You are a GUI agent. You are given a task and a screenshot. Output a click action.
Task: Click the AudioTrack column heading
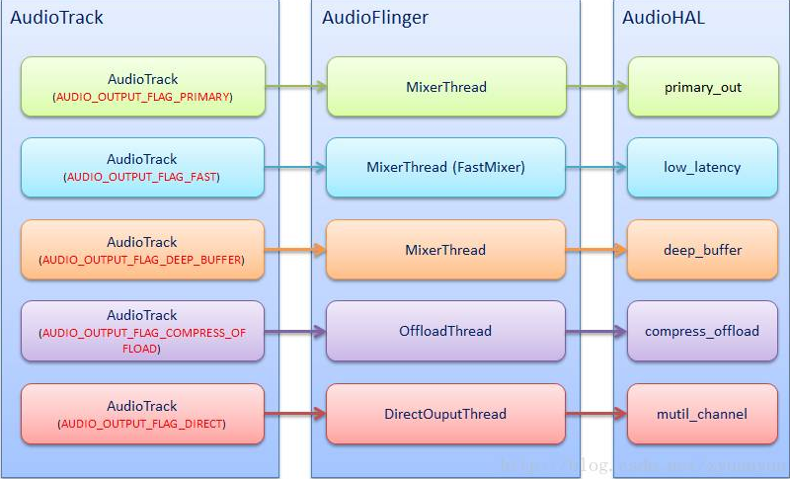(x=56, y=18)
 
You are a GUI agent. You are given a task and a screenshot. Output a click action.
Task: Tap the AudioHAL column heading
(x=664, y=18)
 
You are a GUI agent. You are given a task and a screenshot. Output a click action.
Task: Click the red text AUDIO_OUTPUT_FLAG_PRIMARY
(x=142, y=97)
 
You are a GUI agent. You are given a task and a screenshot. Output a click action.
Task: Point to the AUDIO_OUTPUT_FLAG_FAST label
(x=142, y=177)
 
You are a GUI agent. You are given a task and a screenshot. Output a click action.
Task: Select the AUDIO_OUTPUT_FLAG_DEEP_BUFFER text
(x=142, y=260)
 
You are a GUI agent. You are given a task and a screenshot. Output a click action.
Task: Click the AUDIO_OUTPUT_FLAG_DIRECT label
(x=142, y=424)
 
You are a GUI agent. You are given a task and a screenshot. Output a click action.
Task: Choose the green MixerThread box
(x=446, y=87)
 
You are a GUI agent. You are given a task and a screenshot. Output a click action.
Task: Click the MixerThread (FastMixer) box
(x=446, y=167)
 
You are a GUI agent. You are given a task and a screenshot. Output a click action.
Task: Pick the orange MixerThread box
(x=446, y=250)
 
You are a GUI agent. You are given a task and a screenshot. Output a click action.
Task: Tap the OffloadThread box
(x=446, y=331)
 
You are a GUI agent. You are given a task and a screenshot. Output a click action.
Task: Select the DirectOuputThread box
(x=446, y=414)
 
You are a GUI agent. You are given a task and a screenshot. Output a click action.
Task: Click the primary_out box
(x=703, y=87)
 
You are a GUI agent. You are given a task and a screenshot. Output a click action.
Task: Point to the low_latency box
(x=703, y=167)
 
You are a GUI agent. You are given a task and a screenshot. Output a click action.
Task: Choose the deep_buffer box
(x=703, y=250)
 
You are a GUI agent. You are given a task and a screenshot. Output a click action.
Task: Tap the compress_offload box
(x=703, y=331)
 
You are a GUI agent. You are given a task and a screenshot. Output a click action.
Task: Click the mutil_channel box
(x=703, y=414)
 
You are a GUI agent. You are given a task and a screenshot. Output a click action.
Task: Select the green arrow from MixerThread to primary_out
(x=597, y=87)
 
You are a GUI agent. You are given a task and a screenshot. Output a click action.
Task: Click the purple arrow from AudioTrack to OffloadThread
(x=296, y=331)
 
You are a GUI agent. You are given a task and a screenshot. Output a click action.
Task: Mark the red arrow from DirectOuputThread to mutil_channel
(x=597, y=414)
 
